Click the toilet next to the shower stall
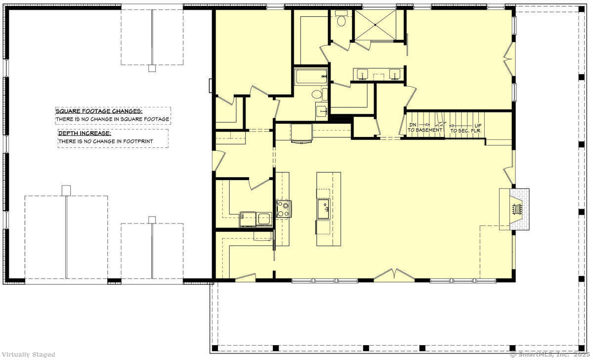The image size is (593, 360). (341, 20)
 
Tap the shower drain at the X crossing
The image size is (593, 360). (379, 25)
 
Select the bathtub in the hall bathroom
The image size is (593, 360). (311, 77)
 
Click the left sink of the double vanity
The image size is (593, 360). (363, 75)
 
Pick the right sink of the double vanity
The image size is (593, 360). (394, 75)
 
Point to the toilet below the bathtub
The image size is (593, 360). (317, 94)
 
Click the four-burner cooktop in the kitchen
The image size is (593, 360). (283, 209)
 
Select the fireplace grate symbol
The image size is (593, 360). (517, 209)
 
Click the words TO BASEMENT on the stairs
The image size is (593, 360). (425, 130)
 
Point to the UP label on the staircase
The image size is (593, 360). (478, 125)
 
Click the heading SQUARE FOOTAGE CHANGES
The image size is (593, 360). (99, 111)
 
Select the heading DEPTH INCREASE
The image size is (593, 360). (85, 133)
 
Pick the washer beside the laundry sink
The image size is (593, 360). (248, 219)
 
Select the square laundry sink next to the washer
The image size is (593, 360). (264, 218)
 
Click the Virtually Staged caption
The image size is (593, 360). (28, 354)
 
